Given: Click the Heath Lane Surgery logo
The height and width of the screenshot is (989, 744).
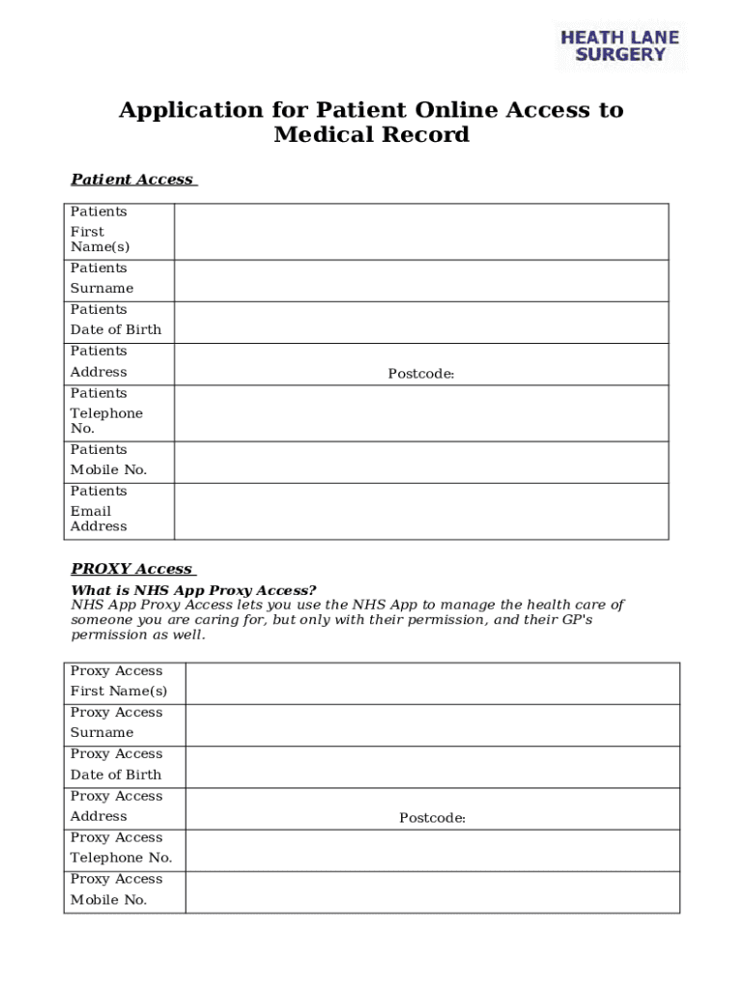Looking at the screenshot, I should click(x=620, y=46).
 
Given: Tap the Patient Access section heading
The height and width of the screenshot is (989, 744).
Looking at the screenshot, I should click(x=133, y=180).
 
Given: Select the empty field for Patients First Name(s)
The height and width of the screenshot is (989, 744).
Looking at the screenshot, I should click(x=421, y=232).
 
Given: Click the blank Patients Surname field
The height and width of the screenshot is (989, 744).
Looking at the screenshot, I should click(x=421, y=281).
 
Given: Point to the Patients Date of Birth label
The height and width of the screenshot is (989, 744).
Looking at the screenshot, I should click(x=116, y=320).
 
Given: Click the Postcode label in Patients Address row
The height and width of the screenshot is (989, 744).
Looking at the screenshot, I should click(x=421, y=374).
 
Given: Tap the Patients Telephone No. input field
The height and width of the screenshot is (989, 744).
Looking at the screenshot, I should click(x=421, y=413).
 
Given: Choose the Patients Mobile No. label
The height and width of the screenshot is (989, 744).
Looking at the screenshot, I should click(x=108, y=460).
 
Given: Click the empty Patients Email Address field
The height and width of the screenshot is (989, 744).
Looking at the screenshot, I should click(x=421, y=511).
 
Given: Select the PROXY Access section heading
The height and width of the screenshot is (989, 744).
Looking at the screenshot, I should click(x=132, y=569).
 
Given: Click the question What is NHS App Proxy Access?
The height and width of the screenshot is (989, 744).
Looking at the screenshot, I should click(x=193, y=590).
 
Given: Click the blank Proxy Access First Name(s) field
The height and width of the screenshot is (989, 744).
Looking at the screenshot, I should click(x=432, y=683).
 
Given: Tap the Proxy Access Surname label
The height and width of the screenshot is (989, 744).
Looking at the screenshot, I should click(x=117, y=722).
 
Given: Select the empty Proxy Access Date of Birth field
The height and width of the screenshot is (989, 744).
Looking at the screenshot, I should click(x=432, y=767).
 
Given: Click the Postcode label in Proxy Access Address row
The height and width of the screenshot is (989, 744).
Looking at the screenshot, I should click(x=433, y=819).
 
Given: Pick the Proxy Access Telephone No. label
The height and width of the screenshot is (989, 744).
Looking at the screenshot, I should click(x=122, y=848).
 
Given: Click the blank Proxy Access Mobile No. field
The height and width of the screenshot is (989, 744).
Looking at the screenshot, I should click(x=432, y=892).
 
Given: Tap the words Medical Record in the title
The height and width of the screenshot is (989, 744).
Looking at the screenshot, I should click(x=372, y=135).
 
